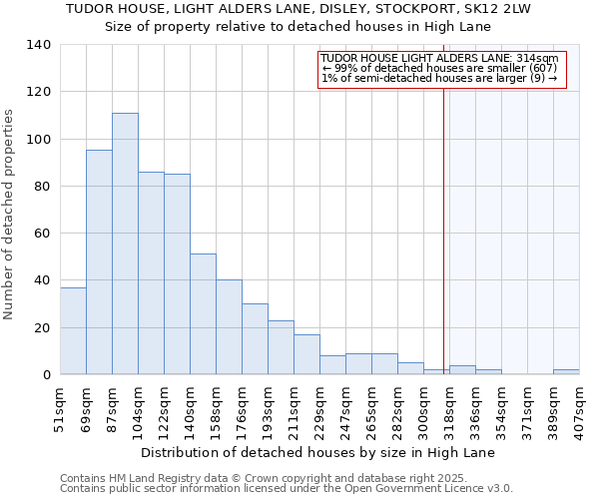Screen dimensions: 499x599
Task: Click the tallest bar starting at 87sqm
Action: coord(125,244)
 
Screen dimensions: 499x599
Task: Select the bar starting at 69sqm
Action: coord(99,261)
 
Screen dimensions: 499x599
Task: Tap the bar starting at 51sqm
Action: coord(73,330)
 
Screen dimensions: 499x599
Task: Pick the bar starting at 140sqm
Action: coord(203,313)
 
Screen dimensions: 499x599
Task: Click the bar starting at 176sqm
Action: coord(255,338)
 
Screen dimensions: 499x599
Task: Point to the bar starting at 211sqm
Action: coord(306,354)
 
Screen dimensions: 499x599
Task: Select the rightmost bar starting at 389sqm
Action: coord(566,371)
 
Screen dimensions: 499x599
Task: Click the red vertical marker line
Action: coord(443,230)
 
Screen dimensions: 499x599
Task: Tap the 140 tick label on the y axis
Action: coord(39,45)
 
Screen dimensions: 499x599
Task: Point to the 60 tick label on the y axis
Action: coord(43,234)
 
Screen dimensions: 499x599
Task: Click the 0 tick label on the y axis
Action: coord(47,375)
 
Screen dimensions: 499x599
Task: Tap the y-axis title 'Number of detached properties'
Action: coord(9,215)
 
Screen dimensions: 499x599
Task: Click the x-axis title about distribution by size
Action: coord(317,452)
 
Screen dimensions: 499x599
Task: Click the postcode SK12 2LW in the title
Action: coord(501,9)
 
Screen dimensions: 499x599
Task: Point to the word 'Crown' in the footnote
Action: coord(232,478)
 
